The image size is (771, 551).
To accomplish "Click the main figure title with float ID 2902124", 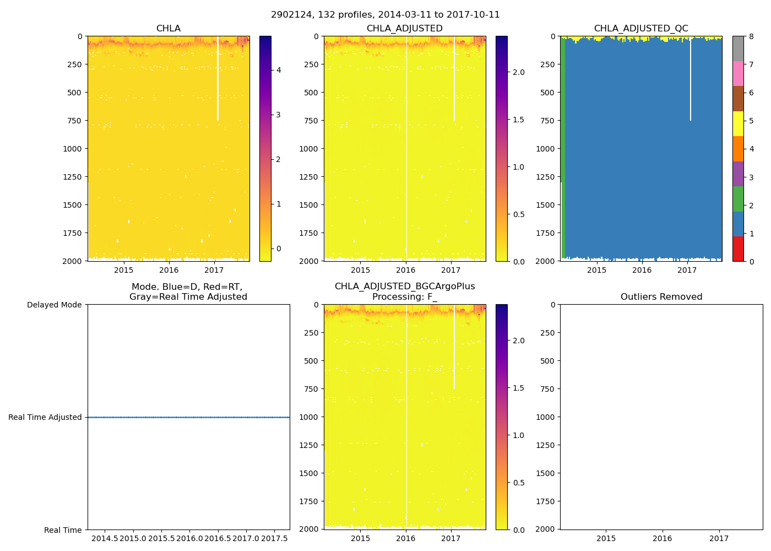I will (385, 15).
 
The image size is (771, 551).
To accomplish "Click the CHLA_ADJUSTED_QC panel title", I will (641, 29).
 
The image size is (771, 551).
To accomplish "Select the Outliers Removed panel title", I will (661, 297).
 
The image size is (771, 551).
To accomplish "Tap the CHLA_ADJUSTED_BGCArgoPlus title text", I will (405, 287).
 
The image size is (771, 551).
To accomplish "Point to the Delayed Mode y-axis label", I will (54, 305).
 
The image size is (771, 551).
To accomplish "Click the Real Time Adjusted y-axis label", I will (45, 417).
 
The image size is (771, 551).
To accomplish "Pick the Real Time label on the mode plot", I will (63, 530).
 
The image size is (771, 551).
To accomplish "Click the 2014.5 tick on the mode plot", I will (105, 538).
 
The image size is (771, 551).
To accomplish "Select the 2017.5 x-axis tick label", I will (274, 538).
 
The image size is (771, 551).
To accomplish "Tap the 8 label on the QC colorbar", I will (751, 37).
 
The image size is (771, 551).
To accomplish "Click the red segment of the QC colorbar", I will (738, 249).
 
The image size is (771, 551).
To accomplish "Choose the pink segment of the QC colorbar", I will (738, 73).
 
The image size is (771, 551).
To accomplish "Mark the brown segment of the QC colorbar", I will (738, 99).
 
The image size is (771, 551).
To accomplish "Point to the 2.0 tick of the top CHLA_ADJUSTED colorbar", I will (518, 72).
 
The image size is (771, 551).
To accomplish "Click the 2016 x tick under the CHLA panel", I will (169, 270).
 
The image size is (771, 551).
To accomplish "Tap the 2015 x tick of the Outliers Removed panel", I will (606, 538).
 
